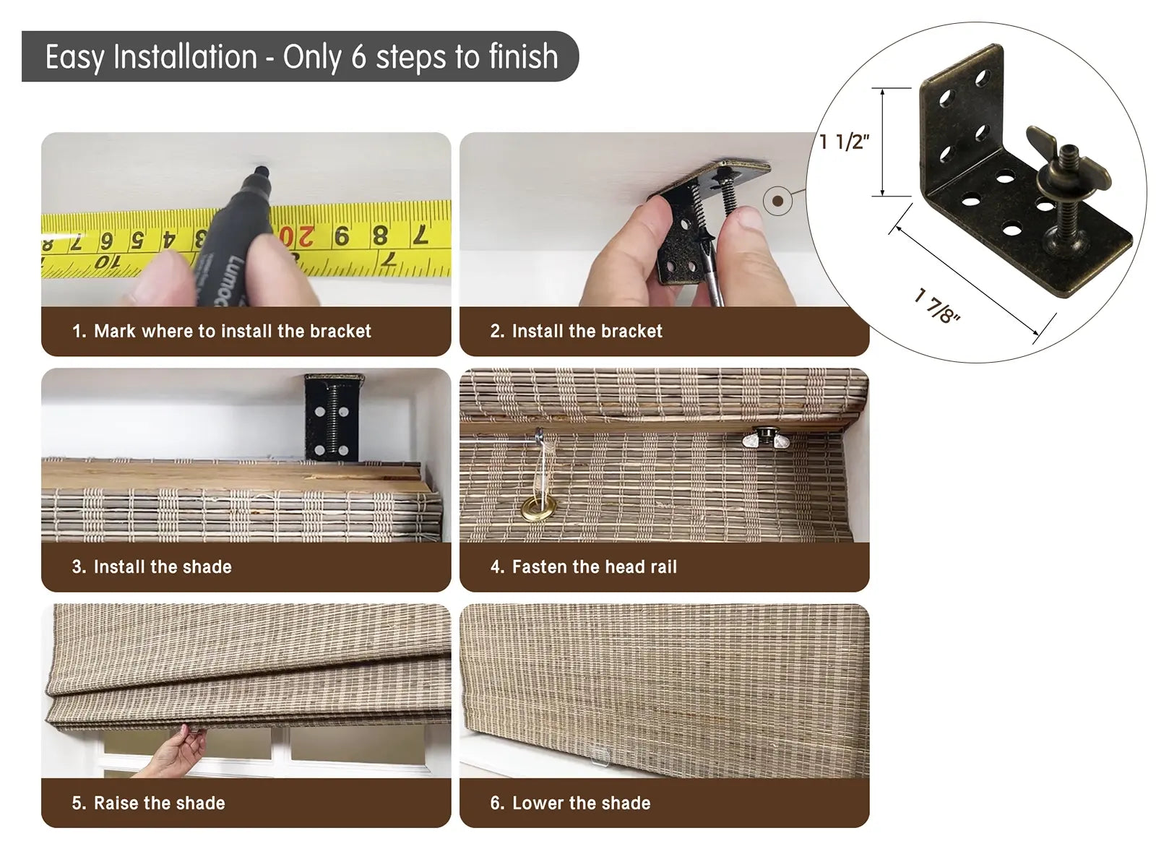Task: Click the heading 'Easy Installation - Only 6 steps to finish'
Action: point(301,56)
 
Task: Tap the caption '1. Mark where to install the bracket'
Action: point(222,331)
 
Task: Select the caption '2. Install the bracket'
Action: point(576,331)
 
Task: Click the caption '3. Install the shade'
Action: point(152,567)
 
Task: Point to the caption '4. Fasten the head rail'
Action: point(584,567)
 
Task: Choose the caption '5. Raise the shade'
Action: point(149,803)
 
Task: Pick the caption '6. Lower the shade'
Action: point(570,803)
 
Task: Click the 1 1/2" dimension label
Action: point(844,142)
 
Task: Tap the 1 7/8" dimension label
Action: point(937,306)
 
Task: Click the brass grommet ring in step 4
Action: point(539,507)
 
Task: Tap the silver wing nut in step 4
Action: point(765,438)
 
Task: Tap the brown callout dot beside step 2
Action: point(777,201)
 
